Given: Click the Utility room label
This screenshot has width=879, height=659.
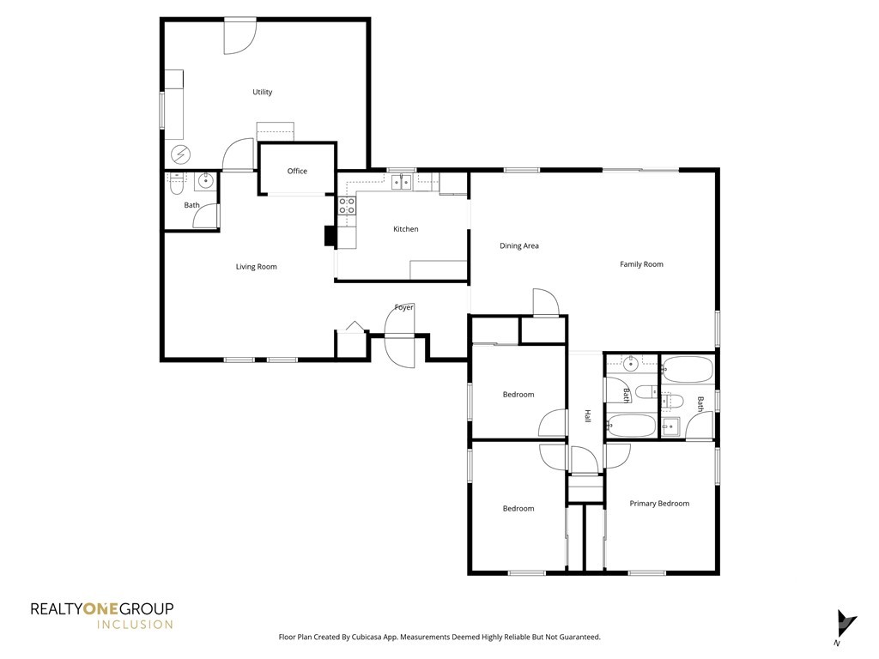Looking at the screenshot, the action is [263, 92].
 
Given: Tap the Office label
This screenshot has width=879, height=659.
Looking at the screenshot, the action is [297, 171].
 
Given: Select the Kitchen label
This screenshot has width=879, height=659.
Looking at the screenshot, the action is [405, 228].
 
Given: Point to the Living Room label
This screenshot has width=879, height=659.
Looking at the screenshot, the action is [256, 267].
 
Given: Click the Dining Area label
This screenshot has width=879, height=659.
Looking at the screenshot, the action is [519, 245].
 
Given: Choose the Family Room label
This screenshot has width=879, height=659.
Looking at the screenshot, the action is [641, 264].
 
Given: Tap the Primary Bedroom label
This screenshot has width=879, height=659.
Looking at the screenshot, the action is [659, 503].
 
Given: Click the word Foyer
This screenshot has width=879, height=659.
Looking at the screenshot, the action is [403, 307].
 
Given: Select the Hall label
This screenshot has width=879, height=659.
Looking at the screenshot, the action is [587, 416].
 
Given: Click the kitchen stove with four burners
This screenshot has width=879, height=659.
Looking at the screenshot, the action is [347, 206].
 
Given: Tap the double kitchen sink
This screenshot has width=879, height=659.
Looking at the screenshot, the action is [402, 182].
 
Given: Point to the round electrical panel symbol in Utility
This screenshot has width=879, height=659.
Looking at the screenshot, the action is [180, 154].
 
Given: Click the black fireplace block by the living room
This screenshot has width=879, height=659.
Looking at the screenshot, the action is [330, 235].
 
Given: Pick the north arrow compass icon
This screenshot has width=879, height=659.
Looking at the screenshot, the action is [846, 623].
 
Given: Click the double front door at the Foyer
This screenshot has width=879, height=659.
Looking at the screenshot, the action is [400, 336].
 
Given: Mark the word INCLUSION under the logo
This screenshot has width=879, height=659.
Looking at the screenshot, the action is [135, 625].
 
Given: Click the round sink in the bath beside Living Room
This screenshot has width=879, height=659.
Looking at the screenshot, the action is [206, 181].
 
